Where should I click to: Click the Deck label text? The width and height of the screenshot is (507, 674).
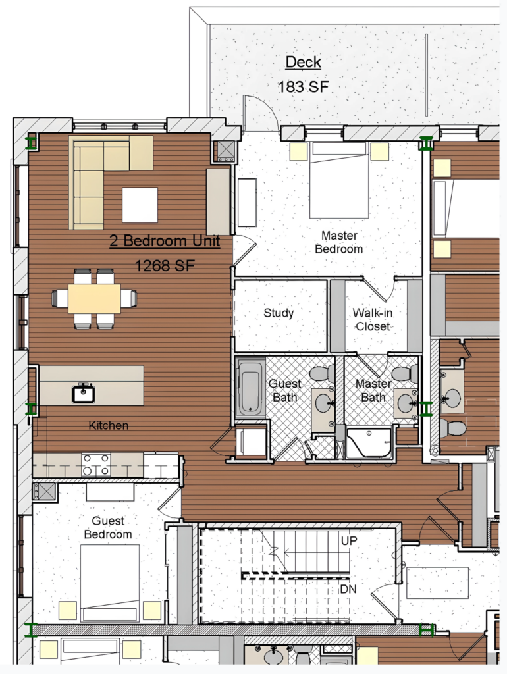point(303,62)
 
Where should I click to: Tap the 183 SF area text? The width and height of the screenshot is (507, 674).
point(303,87)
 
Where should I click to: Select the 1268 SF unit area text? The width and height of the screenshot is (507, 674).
point(165,266)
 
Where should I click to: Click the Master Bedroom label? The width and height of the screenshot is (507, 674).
point(339,242)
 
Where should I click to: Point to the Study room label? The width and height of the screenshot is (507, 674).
point(279,313)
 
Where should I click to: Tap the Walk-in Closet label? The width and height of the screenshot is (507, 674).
point(373,319)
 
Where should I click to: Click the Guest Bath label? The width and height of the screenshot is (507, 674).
point(284,390)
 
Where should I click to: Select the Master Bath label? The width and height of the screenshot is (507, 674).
point(373,390)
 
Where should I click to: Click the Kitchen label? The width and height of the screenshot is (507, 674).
point(109,426)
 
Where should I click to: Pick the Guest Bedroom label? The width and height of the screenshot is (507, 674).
point(108,527)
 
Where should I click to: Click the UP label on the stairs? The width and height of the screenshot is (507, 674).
point(349,541)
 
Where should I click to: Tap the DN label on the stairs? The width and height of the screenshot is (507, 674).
point(348,589)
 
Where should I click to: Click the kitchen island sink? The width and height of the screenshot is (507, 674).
point(83,393)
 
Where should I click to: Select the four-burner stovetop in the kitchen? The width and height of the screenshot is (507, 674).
point(96,465)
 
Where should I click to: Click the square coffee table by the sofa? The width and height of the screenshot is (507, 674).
point(140,205)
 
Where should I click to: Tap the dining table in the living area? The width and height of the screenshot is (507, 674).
point(94,298)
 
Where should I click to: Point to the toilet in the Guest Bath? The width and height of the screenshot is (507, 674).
point(322,374)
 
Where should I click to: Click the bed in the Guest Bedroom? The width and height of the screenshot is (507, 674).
point(110,583)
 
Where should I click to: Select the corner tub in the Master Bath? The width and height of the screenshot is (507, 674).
point(369,443)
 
